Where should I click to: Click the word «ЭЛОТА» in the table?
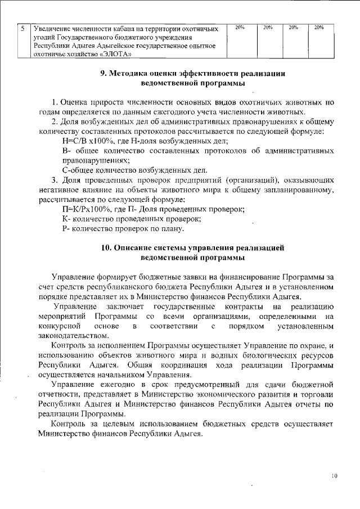[x=116, y=55]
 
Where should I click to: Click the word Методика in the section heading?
[x=129, y=74]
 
